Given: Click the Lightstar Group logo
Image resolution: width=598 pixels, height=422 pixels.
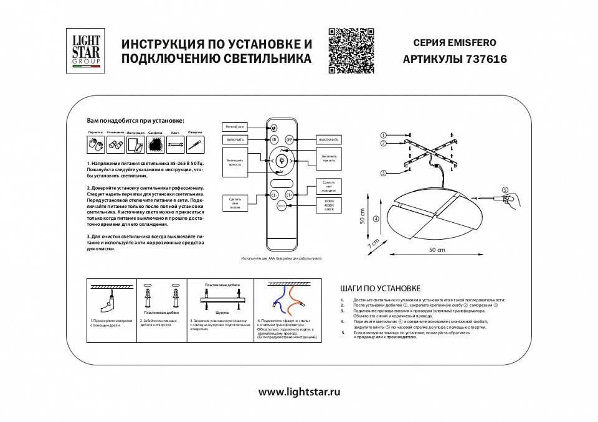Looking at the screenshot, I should pyautogui.click(x=83, y=52).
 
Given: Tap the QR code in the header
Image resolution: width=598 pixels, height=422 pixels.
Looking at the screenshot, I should pyautogui.click(x=351, y=51).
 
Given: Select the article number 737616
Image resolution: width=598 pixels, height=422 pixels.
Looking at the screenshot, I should pyautogui.click(x=486, y=60).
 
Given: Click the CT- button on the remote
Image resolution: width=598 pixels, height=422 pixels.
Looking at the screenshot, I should pyautogui.click(x=273, y=195).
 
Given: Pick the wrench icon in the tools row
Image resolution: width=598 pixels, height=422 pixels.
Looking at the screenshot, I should pyautogui.click(x=175, y=145).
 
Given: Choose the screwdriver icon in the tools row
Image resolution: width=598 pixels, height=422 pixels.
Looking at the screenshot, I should pyautogui.click(x=195, y=145).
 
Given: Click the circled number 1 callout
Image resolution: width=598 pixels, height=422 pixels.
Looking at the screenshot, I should pyautogui.click(x=384, y=135).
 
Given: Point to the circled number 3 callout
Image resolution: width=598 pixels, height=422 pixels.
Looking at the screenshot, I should pyautogui.click(x=384, y=172).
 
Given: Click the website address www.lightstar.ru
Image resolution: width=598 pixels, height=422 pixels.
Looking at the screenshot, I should pyautogui.click(x=299, y=392).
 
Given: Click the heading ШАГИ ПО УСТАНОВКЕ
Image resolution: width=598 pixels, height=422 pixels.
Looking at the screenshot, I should pyautogui.click(x=381, y=288).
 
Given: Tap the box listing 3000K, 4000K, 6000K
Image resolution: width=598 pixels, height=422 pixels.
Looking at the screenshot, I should pyautogui.click(x=325, y=205).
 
